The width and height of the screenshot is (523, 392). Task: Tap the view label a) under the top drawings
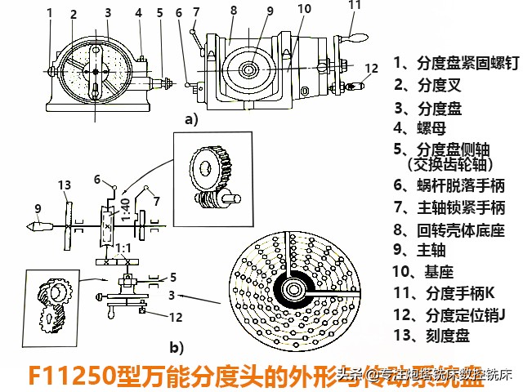191,119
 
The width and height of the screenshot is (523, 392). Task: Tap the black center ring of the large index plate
292,287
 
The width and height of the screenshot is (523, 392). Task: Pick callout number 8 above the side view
233,11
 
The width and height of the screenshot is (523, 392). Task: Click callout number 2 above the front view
74,14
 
